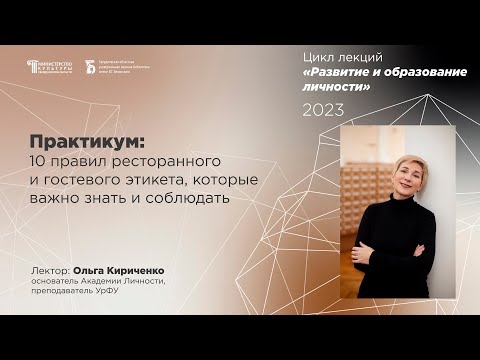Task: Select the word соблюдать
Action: [x=192, y=197]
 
